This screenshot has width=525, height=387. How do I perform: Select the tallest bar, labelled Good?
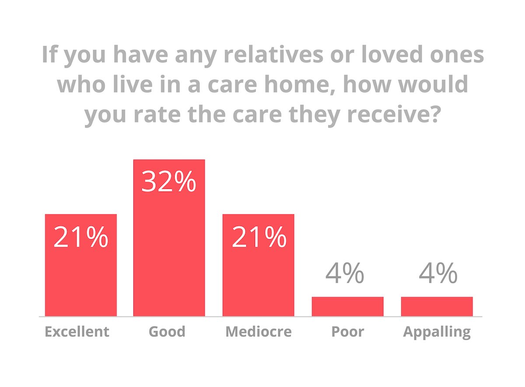click(169, 254)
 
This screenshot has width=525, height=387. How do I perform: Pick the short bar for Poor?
click(347, 307)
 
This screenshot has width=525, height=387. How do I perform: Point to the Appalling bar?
click(437, 307)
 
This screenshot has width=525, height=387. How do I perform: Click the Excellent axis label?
click(77, 331)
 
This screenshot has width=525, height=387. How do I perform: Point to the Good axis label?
click(167, 331)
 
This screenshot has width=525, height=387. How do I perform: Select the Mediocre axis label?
click(258, 331)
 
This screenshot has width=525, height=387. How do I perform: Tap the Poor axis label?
click(348, 331)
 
